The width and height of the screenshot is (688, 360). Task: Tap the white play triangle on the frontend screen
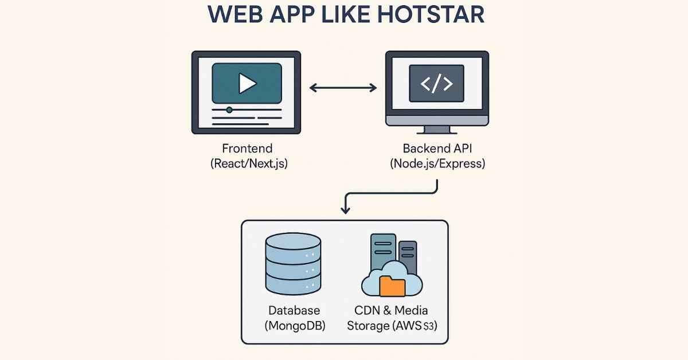247,84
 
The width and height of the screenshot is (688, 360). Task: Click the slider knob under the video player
229,109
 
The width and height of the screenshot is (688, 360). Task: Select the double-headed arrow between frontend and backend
343,88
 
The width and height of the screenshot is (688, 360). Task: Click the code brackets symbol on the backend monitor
436,84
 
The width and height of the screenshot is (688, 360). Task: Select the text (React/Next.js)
249,163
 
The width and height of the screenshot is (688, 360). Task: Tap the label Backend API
437,148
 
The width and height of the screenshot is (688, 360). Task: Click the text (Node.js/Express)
437,163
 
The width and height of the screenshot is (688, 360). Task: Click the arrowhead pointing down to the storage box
345,209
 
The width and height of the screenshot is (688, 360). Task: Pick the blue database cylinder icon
292,264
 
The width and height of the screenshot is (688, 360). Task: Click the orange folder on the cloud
393,285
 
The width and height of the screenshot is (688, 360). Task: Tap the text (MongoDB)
294,326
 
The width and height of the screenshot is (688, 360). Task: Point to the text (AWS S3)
413,326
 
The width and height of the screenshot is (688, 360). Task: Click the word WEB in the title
235,15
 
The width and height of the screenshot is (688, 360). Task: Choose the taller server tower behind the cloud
383,252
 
